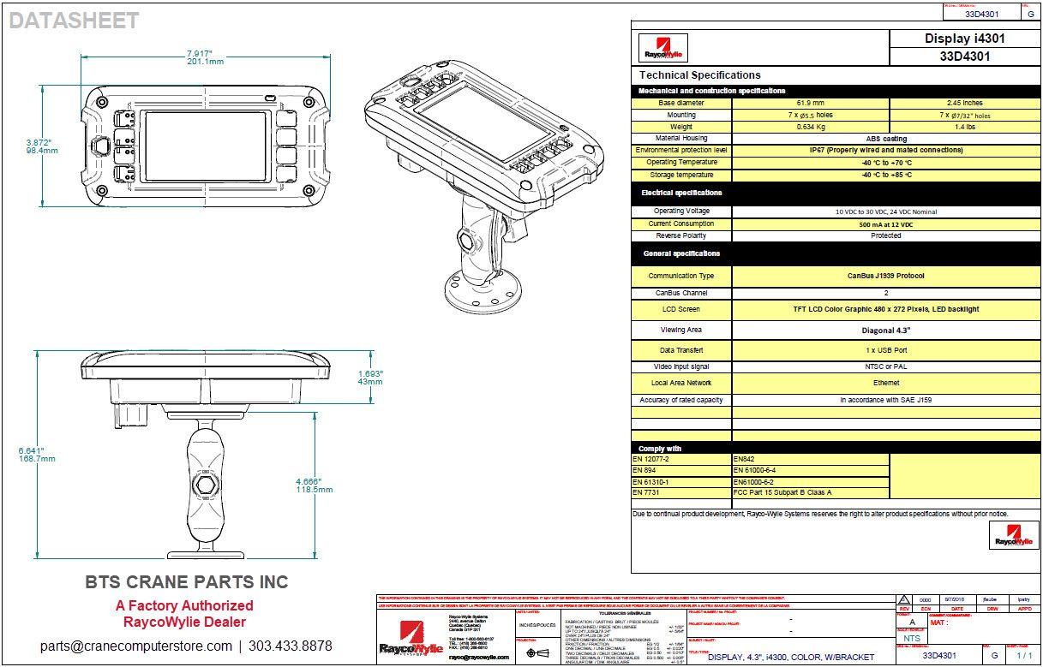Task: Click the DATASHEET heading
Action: coord(74,21)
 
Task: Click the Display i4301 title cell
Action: coord(964,39)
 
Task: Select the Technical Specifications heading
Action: coord(699,75)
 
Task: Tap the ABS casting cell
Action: coord(886,139)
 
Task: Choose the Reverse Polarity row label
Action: coord(680,235)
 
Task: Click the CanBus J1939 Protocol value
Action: coord(885,277)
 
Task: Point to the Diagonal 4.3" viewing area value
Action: coord(885,330)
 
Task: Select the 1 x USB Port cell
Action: coord(885,350)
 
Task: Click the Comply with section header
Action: coord(660,449)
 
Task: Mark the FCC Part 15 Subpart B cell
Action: coord(782,493)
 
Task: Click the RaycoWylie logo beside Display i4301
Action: coord(663,49)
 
